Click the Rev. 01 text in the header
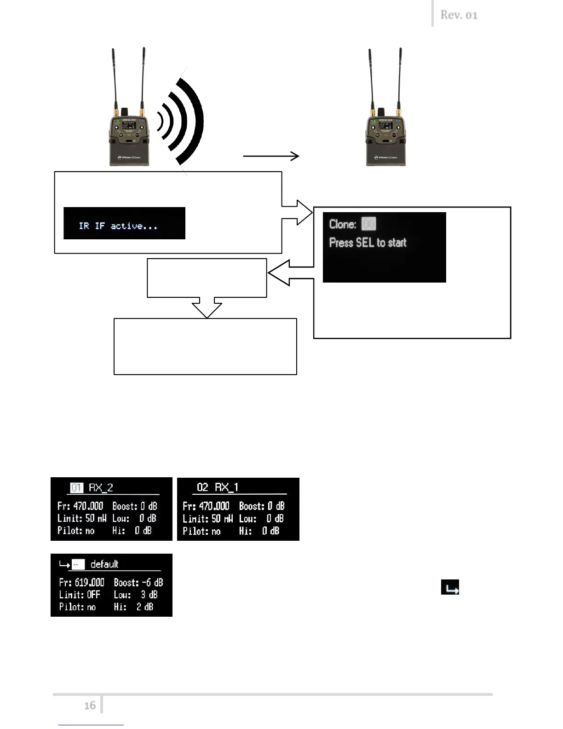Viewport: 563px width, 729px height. (459, 15)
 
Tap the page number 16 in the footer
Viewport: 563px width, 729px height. (90, 705)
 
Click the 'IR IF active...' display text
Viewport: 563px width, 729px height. (118, 226)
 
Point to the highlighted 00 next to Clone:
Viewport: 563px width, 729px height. (368, 224)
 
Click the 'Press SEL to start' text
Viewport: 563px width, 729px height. (368, 243)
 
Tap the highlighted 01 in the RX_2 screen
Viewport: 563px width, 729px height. (77, 487)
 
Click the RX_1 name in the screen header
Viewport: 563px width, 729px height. (226, 487)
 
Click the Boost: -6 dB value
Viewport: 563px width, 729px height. (138, 582)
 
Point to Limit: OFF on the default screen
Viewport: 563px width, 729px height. (80, 595)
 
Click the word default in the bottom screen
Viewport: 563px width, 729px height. (104, 564)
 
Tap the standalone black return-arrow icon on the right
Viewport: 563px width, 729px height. (450, 588)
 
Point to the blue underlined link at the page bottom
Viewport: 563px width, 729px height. (91, 725)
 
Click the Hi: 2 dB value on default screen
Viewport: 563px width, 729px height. (133, 607)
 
